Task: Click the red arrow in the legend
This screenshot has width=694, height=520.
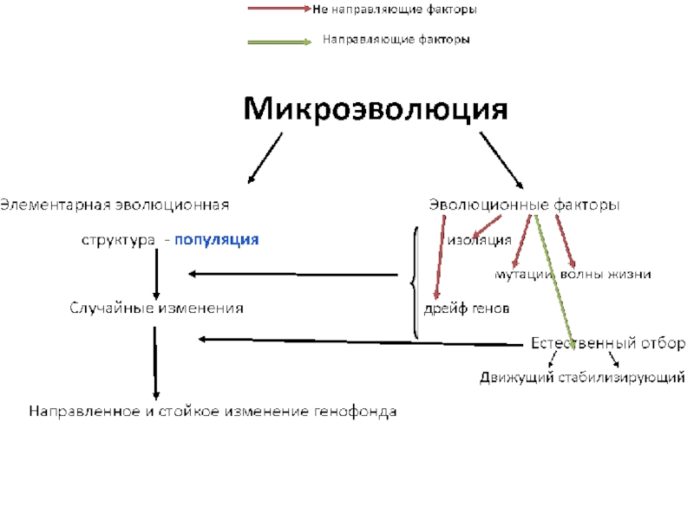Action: [279, 9]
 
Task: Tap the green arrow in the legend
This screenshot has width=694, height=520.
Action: [279, 41]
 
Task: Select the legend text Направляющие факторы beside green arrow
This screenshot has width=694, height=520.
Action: [396, 40]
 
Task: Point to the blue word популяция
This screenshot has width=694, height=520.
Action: [217, 239]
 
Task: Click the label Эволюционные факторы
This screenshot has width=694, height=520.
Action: [525, 205]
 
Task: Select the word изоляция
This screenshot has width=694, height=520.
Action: [480, 239]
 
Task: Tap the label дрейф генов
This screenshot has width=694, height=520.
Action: [466, 308]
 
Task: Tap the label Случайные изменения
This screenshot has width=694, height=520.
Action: [156, 308]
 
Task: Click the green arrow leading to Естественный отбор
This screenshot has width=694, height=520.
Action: [555, 277]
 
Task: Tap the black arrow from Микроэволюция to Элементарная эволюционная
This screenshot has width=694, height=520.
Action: [265, 159]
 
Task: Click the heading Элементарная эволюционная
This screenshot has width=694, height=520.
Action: [115, 205]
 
